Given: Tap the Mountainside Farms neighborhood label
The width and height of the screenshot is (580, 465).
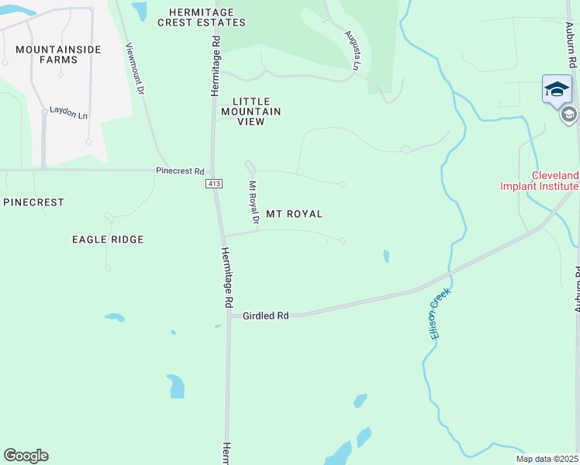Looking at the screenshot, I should tap(47, 54).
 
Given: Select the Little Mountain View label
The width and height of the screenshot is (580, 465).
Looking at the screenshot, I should tap(257, 112).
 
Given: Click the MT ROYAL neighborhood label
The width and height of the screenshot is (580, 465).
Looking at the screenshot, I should tap(294, 214).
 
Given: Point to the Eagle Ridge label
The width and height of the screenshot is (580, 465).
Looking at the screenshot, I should tap(108, 239).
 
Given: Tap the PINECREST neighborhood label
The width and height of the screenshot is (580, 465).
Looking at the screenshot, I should tap(33, 202).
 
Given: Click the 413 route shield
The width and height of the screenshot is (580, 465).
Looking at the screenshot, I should tap(215, 184).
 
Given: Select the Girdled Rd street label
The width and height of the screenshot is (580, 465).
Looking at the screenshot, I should tap(265, 316).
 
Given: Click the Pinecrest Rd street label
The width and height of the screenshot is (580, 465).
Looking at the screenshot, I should tap(179, 171).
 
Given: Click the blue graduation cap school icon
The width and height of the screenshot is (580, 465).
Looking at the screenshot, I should tap(557, 88).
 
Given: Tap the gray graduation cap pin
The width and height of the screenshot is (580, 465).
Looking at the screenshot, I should tap(568, 115).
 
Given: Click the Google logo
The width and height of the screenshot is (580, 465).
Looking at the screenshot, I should tap(26, 456).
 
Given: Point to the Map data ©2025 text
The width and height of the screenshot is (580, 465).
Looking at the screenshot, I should tap(547, 458).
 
